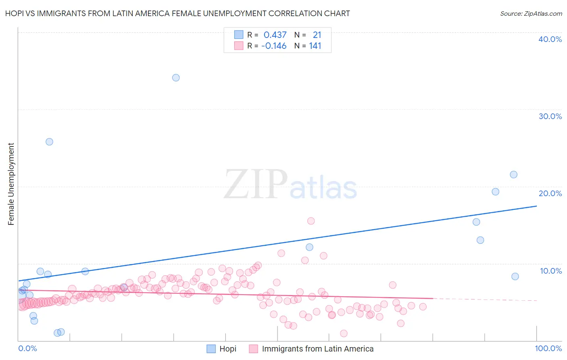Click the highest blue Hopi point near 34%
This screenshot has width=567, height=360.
(x=176, y=77)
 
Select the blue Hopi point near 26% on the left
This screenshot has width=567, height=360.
(x=49, y=142)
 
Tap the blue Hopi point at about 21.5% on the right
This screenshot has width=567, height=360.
(x=513, y=175)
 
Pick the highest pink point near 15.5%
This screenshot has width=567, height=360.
(x=311, y=221)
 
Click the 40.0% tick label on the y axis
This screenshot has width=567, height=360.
(x=550, y=39)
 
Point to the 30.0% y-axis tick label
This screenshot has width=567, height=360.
(x=550, y=116)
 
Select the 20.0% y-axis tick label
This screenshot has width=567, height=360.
(x=550, y=193)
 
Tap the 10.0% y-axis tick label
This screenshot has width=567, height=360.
(x=550, y=271)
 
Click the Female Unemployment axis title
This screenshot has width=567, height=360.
(x=11, y=184)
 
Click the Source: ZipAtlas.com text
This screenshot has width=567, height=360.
(x=531, y=13)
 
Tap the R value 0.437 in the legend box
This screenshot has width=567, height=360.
(x=275, y=35)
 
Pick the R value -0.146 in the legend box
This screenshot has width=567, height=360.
(x=274, y=46)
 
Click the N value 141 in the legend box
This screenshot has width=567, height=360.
(x=315, y=46)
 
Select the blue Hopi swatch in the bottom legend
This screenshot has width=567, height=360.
(x=211, y=349)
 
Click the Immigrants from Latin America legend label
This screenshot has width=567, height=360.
(x=317, y=349)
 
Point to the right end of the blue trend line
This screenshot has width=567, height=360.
(x=536, y=206)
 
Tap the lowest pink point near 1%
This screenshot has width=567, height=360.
(x=344, y=333)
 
